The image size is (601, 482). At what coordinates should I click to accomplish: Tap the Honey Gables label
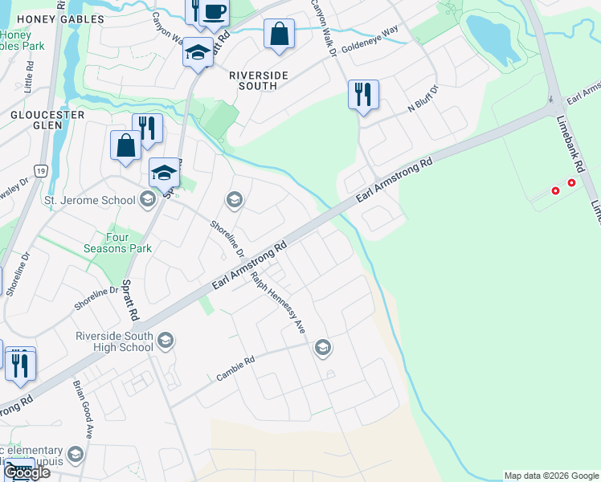click(49, 18)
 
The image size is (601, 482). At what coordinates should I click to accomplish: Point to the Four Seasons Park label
click(117, 243)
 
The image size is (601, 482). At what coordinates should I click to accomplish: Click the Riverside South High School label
click(113, 341)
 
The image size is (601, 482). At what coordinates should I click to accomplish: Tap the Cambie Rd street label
click(235, 369)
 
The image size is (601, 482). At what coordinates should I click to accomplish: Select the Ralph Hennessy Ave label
click(278, 302)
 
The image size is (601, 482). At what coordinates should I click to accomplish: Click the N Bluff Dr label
click(423, 100)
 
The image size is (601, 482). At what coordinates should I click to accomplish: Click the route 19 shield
click(40, 170)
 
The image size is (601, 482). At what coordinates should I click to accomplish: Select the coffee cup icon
click(215, 11)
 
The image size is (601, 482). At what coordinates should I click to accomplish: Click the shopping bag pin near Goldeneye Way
click(280, 35)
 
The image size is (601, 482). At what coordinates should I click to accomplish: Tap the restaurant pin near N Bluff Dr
click(363, 94)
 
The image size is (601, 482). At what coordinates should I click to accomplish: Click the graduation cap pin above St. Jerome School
click(164, 172)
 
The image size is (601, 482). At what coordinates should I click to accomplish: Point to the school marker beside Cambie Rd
click(323, 347)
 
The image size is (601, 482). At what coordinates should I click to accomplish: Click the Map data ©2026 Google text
click(550, 476)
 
